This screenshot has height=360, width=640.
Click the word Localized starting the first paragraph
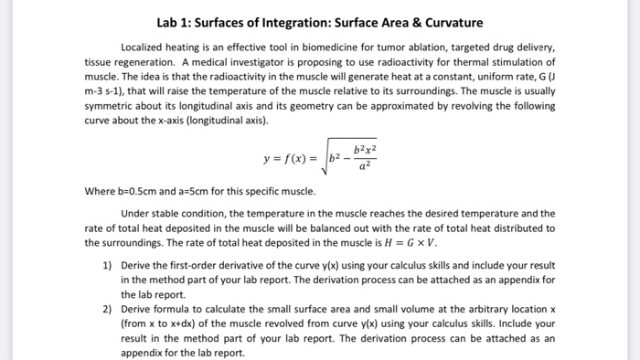tap(145, 47)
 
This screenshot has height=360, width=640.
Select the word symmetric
tap(112, 106)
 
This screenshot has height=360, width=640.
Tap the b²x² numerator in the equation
tap(363, 149)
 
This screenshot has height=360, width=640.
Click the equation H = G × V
tap(410, 243)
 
